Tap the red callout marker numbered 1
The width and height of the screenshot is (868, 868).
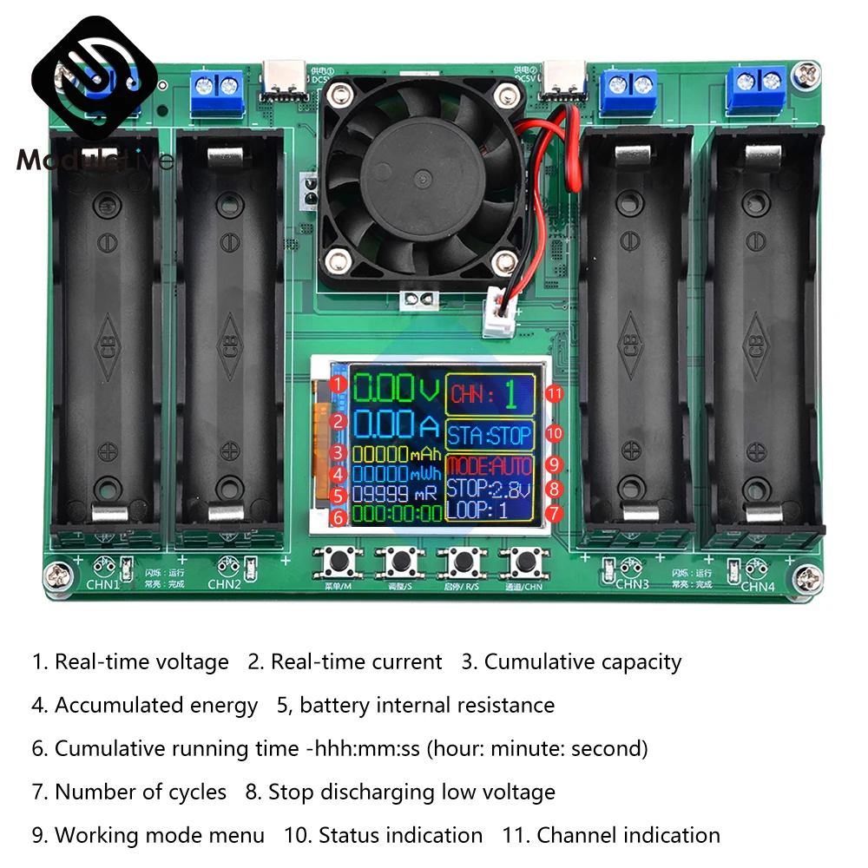[x=339, y=383]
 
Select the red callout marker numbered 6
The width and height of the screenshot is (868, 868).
[x=339, y=517]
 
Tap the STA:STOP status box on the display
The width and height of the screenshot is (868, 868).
[x=490, y=433]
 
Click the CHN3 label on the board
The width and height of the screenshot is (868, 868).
[x=632, y=583]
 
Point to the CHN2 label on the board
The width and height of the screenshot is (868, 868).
[x=224, y=583]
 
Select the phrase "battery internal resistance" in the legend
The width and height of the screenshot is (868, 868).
[x=427, y=706]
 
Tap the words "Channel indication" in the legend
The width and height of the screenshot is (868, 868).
[x=628, y=836]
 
